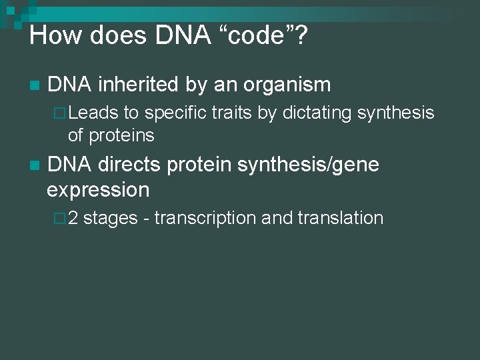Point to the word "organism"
coord(287,85)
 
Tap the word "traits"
coord(232,114)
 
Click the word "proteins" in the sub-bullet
coord(120,135)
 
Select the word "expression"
coord(98,189)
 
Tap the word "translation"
coord(341,218)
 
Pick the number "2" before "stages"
coord(73,218)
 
